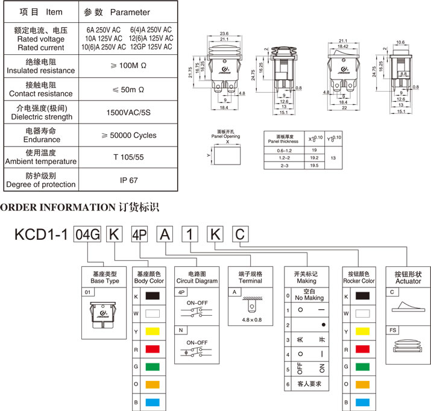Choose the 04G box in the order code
pos(87,234)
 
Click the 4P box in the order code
pos(139,234)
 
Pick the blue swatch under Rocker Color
pos(362,402)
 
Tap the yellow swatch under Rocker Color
pos(362,331)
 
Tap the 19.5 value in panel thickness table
pos(313,165)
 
